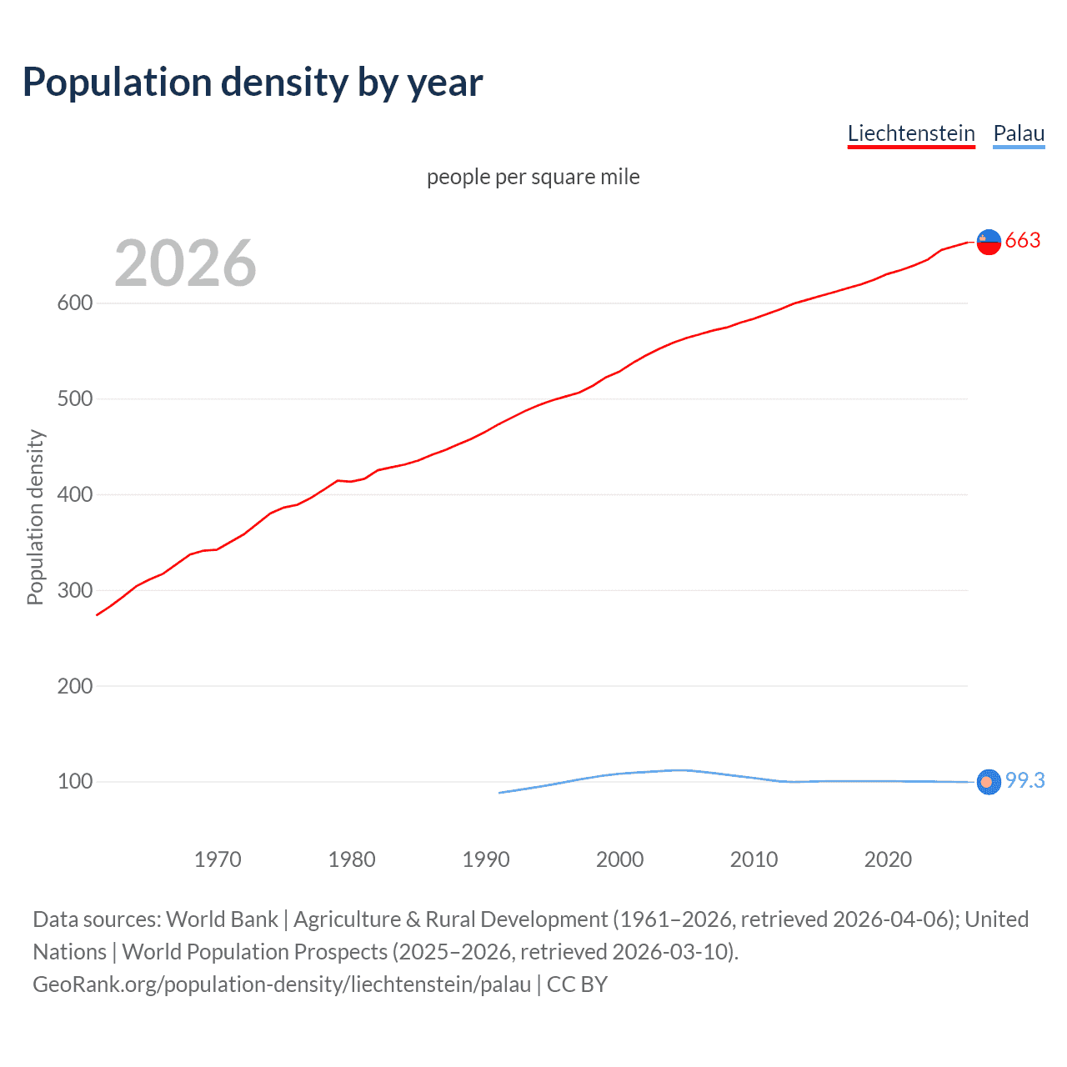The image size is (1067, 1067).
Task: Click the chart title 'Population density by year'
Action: pyautogui.click(x=253, y=83)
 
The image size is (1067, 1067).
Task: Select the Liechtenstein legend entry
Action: pyautogui.click(x=911, y=133)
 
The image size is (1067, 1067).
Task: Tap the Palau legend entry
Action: pyautogui.click(x=1019, y=133)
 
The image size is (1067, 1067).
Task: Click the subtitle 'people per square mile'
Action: pyautogui.click(x=533, y=177)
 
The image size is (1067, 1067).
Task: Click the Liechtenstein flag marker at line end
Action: pyautogui.click(x=989, y=241)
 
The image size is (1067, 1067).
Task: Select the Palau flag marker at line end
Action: pyautogui.click(x=988, y=782)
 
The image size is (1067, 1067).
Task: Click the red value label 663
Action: pyautogui.click(x=1023, y=241)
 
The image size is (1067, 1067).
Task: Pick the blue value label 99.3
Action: pyautogui.click(x=1024, y=780)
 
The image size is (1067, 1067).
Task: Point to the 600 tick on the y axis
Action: pyautogui.click(x=74, y=303)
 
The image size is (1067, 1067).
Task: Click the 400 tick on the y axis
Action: pyautogui.click(x=74, y=494)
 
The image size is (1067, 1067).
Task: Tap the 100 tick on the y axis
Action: pyautogui.click(x=74, y=782)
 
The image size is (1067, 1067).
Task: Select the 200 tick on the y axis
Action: pyautogui.click(x=74, y=686)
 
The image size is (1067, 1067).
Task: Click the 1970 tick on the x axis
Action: pyautogui.click(x=218, y=859)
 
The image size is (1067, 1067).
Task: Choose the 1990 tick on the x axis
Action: pyautogui.click(x=486, y=859)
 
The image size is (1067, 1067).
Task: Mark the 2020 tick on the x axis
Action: pyautogui.click(x=888, y=859)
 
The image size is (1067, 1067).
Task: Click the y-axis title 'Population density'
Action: pyautogui.click(x=35, y=517)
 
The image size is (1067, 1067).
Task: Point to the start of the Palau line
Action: pyautogui.click(x=499, y=793)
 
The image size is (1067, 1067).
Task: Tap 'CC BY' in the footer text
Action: pyautogui.click(x=577, y=984)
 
